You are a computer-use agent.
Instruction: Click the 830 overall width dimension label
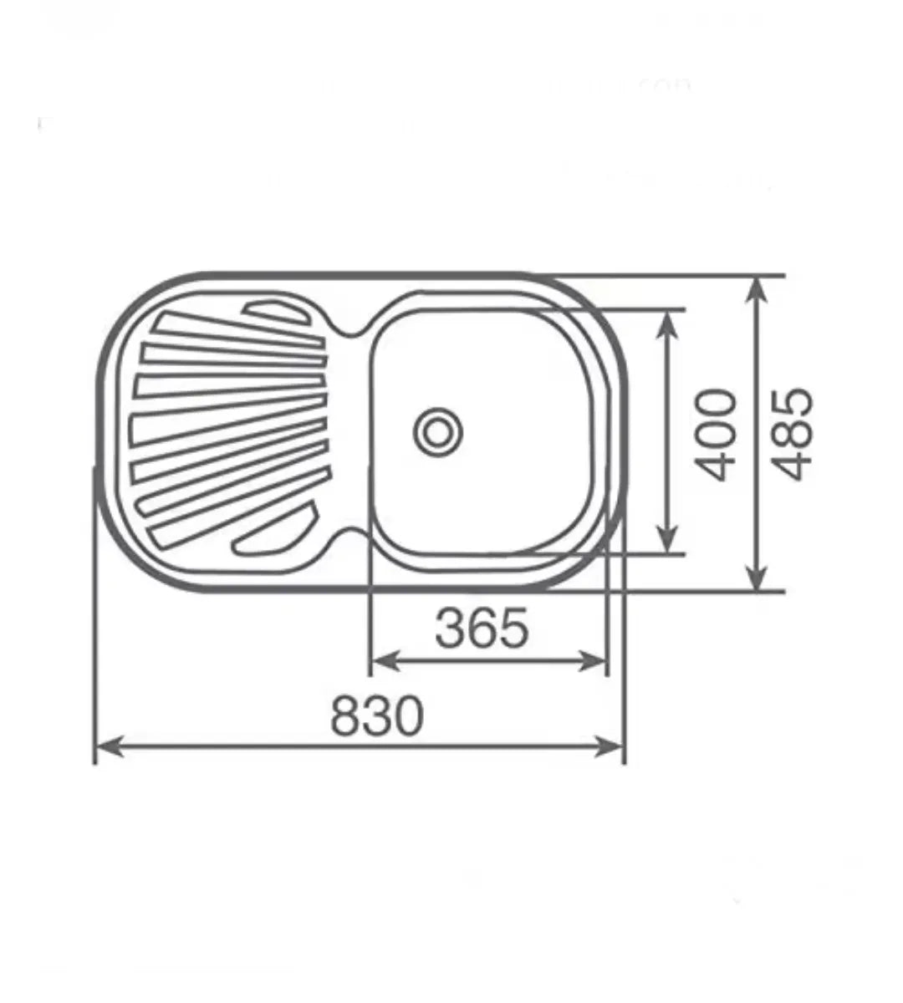pos(377,715)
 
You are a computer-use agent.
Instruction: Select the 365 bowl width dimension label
pos(482,628)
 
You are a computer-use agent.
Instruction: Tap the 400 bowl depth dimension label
pos(716,435)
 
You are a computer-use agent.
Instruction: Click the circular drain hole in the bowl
pos(438,432)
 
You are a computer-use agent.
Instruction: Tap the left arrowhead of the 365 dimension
pos(386,661)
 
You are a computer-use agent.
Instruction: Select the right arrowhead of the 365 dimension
pos(592,661)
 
